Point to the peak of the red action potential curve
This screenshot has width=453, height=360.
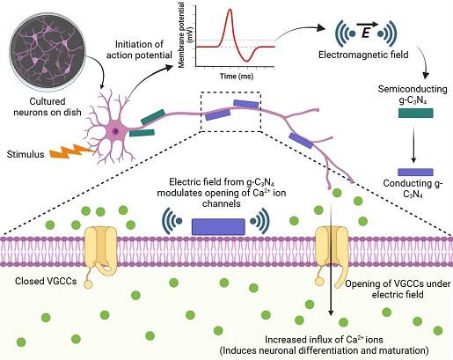[230, 11]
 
